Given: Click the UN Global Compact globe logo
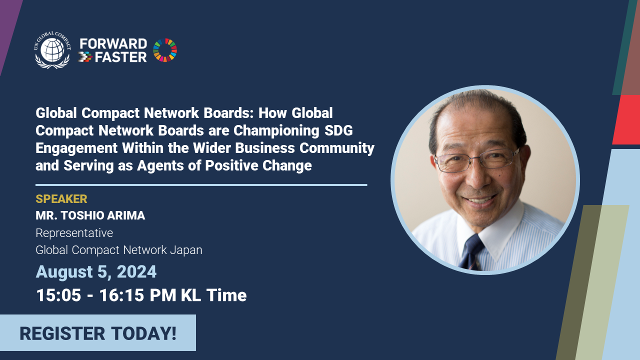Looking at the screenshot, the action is point(52,50).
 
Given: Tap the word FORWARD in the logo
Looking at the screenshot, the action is point(113,44).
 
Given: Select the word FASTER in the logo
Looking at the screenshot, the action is point(120,57).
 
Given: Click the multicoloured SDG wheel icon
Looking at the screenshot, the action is point(165,50).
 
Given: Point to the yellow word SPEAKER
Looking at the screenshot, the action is point(61,199).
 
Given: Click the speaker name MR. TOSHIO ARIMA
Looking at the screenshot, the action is point(90,215).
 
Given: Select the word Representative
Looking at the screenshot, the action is point(74,233).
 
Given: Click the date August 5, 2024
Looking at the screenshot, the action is point(96,271).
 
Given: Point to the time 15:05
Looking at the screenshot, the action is point(58,295).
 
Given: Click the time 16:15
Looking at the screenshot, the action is point(121,295).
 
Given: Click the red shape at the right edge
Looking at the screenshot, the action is point(626,119).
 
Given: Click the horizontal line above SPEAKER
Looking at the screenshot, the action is point(201,185).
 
